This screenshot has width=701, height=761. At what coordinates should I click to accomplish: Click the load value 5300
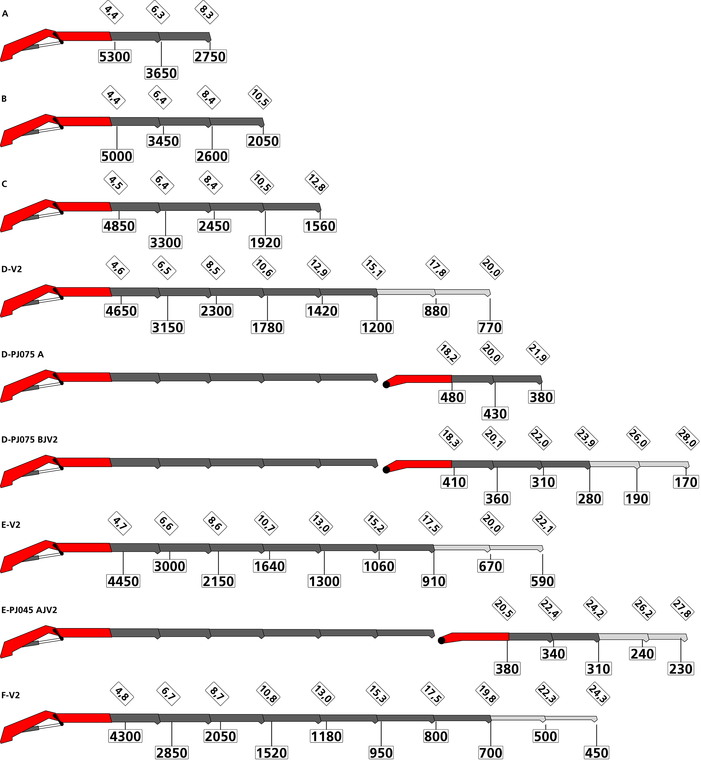(x=115, y=57)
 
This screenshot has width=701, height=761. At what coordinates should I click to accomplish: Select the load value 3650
(x=161, y=73)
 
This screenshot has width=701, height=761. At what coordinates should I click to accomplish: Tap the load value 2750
(x=210, y=57)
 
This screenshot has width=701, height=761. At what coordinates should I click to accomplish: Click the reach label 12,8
(x=317, y=183)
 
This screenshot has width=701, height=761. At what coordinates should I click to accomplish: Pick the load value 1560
(x=320, y=226)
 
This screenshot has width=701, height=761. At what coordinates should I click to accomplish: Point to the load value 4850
(x=119, y=226)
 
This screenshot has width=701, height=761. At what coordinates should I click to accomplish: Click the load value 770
(x=490, y=327)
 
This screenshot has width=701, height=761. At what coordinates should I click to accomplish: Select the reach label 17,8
(x=438, y=268)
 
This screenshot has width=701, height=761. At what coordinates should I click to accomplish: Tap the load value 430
(x=495, y=414)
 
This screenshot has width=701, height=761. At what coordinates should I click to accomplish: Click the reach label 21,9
(x=538, y=353)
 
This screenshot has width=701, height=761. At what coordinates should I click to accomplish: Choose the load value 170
(x=686, y=482)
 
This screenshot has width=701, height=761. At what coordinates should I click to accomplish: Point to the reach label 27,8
(x=682, y=608)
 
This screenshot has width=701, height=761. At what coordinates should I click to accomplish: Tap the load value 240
(x=642, y=653)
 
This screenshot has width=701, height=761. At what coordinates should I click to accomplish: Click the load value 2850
(x=172, y=753)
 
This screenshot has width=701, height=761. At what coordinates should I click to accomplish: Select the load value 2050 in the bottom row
(x=220, y=736)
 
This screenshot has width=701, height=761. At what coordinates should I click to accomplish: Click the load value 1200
(x=377, y=327)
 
